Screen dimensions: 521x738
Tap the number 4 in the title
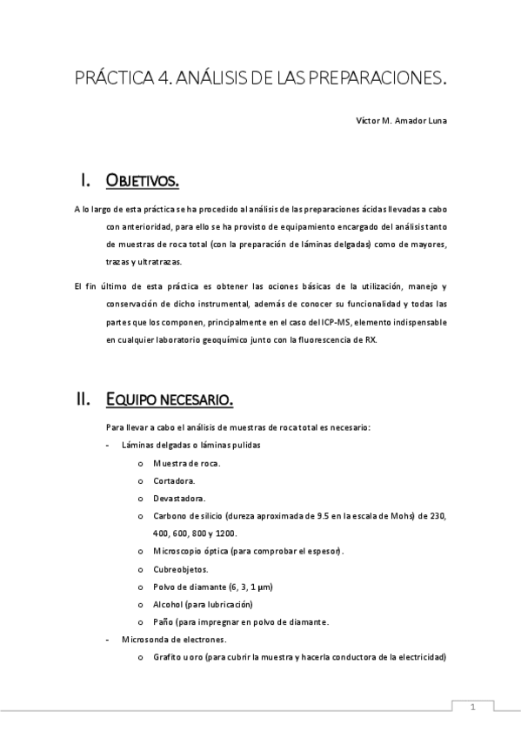click(x=164, y=79)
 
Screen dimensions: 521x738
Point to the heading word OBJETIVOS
click(x=143, y=181)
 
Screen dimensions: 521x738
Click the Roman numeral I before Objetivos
click(x=85, y=181)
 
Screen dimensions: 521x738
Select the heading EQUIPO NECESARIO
click(x=169, y=399)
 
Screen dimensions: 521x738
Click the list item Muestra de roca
click(x=186, y=463)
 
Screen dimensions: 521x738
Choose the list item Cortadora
click(x=174, y=480)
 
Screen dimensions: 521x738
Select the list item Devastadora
click(x=179, y=499)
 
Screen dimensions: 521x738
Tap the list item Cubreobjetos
click(x=180, y=569)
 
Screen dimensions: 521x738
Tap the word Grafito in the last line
click(x=166, y=657)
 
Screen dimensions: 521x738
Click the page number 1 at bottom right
click(x=473, y=708)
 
